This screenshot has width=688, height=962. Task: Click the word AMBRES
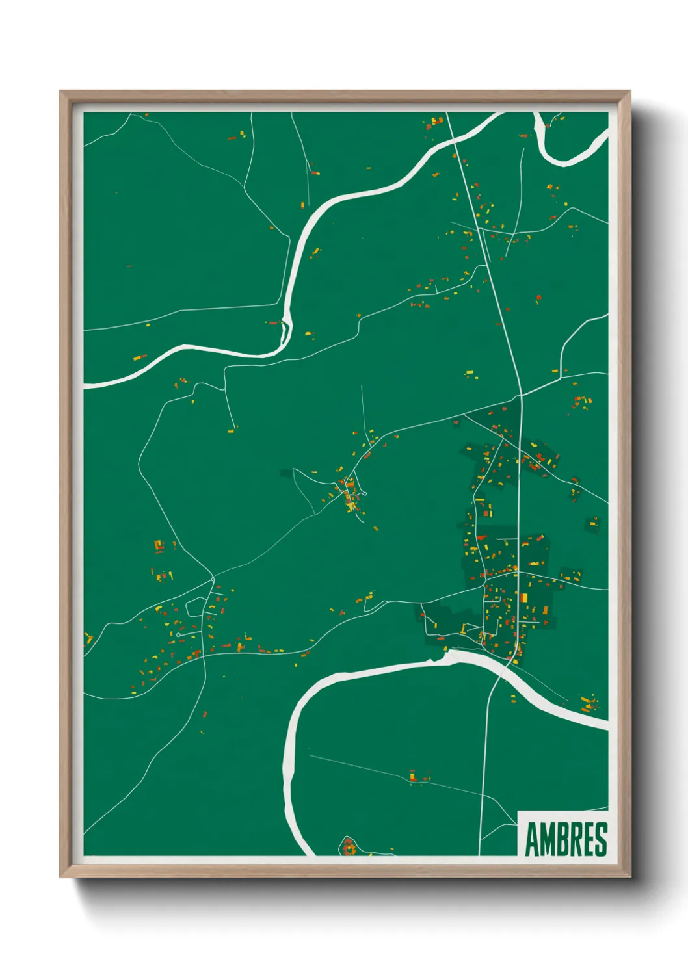[x=565, y=839]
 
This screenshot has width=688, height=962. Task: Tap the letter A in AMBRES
[x=532, y=839]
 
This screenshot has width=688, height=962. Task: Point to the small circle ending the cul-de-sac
[x=178, y=634]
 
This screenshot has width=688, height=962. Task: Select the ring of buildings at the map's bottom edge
[x=349, y=847]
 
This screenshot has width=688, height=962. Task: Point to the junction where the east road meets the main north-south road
[x=521, y=395]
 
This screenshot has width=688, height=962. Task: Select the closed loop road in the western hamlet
[x=195, y=607]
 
